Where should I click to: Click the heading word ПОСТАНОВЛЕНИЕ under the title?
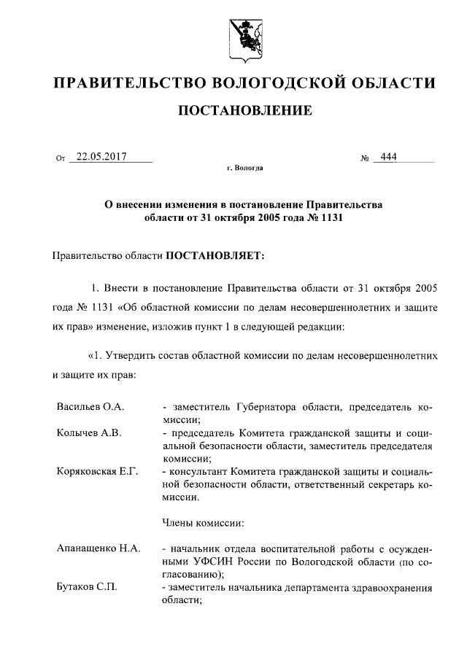tap(245, 111)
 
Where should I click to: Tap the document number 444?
tap(384, 155)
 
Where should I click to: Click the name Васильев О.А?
tap(90, 405)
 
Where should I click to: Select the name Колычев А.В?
tap(89, 432)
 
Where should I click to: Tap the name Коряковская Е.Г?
tap(98, 471)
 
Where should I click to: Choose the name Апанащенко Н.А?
tap(99, 547)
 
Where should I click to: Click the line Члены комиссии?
tap(202, 522)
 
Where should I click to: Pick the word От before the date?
tap(61, 158)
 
